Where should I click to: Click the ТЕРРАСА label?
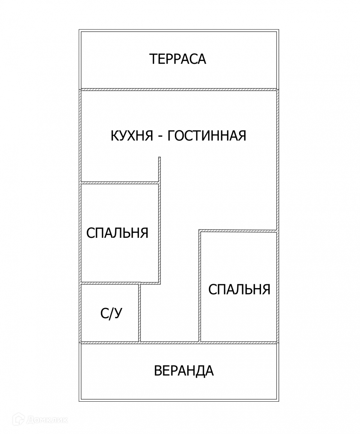coord(178,59)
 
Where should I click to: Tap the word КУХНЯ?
coord(132,136)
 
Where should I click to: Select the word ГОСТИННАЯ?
coord(206,136)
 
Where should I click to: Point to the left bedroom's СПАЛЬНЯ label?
coord(117,233)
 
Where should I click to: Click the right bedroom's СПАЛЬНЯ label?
coord(239,289)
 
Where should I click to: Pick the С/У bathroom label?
coord(111,314)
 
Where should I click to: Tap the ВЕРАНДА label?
coord(183,371)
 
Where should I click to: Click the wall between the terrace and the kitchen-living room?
coord(179,89)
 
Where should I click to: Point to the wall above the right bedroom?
coord(238,230)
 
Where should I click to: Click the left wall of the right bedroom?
coord(199,286)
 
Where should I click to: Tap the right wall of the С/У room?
coord(140,313)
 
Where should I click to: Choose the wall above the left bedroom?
coord(119,183)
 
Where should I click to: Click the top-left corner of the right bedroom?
coord(199,230)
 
